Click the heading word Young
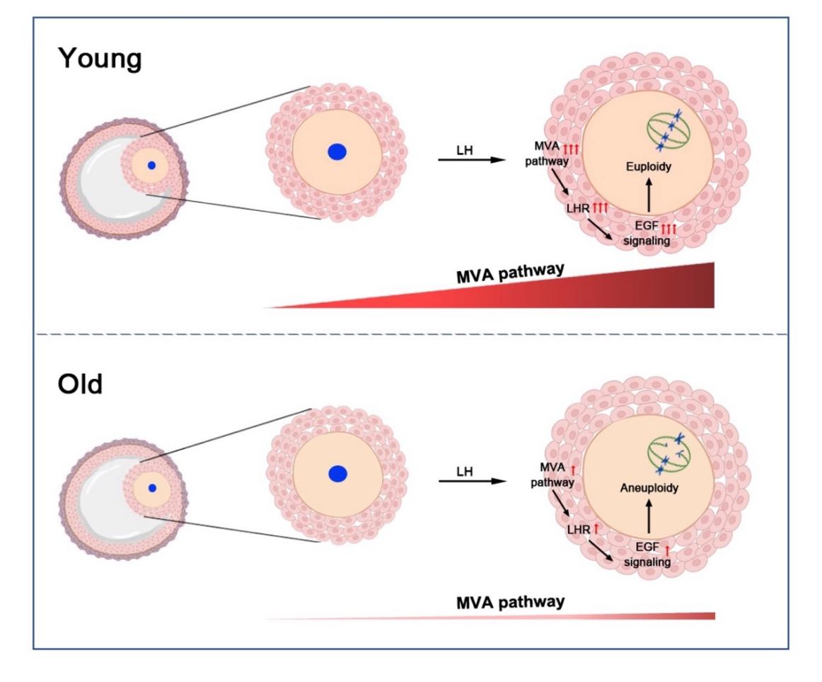tap(99, 59)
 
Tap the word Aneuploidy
tap(648, 489)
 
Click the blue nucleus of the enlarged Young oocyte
tap(337, 152)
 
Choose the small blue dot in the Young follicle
tap(151, 165)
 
